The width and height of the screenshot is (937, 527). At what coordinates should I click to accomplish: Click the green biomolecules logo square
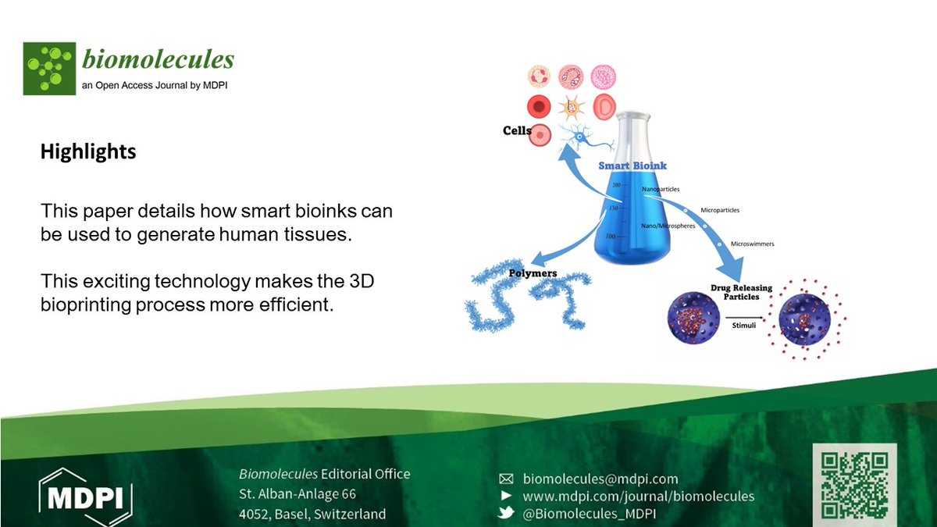pyautogui.click(x=49, y=68)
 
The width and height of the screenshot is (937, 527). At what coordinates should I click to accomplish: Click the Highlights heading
pyautogui.click(x=88, y=151)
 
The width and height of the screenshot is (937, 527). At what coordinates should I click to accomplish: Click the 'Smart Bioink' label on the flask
pyautogui.click(x=632, y=166)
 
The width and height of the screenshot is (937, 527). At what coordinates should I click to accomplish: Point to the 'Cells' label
pyautogui.click(x=517, y=131)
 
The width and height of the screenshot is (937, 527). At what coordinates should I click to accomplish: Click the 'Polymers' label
pyautogui.click(x=533, y=274)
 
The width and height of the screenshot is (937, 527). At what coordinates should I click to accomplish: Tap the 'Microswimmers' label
pyautogui.click(x=752, y=244)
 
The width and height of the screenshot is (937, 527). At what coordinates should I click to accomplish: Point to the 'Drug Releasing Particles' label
pyautogui.click(x=742, y=292)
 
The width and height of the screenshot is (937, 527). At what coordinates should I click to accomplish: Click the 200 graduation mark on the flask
pyautogui.click(x=616, y=185)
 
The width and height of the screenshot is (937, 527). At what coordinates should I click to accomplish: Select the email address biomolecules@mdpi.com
pyautogui.click(x=600, y=479)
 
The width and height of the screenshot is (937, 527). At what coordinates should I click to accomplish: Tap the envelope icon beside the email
pyautogui.click(x=506, y=479)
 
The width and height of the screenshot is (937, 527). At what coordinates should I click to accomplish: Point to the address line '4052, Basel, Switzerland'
pyautogui.click(x=312, y=514)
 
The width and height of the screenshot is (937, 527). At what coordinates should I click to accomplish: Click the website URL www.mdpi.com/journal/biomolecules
pyautogui.click(x=638, y=496)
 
